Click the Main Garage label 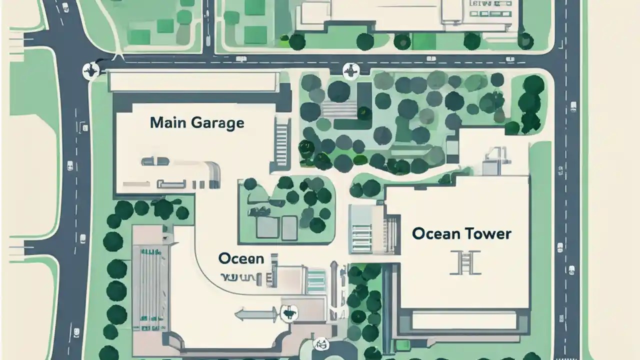197,122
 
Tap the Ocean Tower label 461,233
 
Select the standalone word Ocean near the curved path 241,258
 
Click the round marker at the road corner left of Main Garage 90,70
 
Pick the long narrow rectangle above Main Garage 193,81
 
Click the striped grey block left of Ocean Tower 360,229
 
